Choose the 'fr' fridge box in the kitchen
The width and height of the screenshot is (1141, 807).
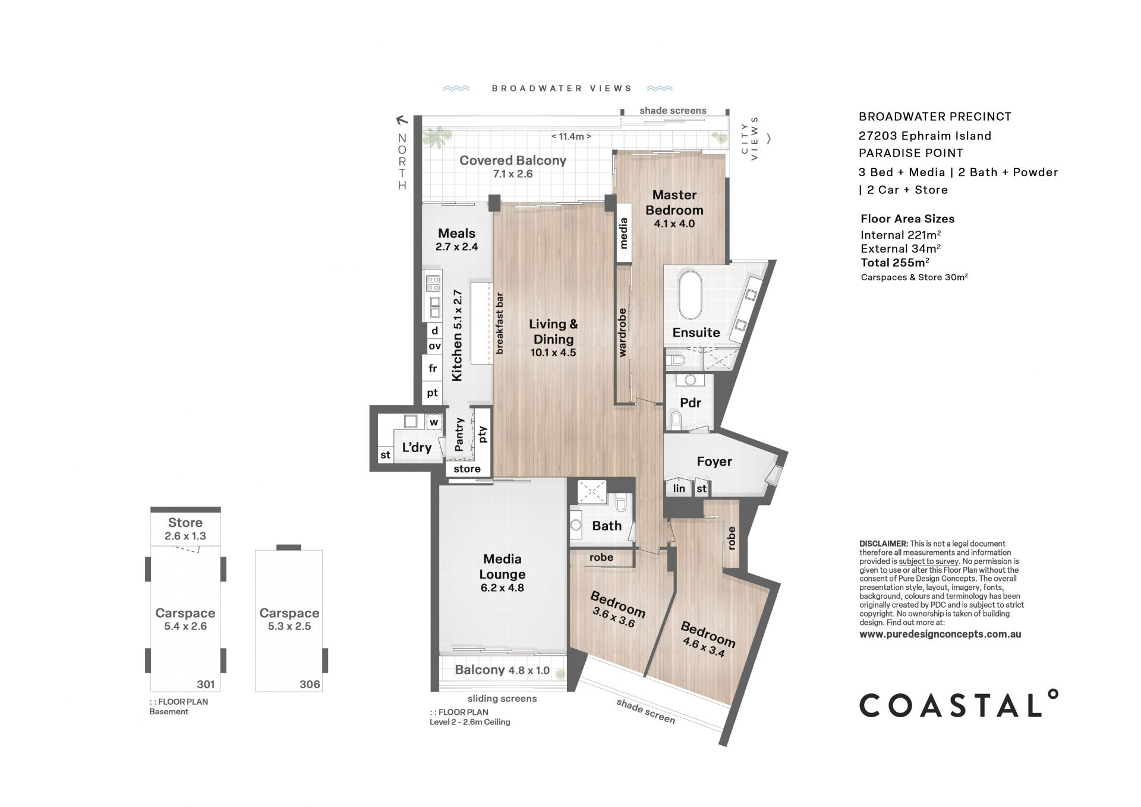click(433, 369)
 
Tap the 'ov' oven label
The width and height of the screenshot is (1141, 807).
click(434, 346)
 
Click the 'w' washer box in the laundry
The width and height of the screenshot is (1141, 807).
click(434, 422)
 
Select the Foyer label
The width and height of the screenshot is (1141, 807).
click(714, 461)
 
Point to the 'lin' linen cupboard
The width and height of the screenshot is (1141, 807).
click(679, 488)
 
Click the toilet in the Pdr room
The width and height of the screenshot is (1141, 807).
click(676, 421)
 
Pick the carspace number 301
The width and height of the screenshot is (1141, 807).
click(206, 684)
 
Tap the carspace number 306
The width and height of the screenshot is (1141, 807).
click(310, 684)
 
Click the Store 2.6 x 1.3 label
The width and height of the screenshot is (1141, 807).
click(185, 529)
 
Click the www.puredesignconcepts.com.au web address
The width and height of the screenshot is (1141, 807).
click(940, 634)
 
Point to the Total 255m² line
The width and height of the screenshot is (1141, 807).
click(895, 262)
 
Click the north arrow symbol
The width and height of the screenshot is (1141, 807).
click(402, 120)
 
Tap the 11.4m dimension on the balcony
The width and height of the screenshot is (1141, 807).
click(571, 136)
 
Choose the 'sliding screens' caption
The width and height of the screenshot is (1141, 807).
click(502, 698)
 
